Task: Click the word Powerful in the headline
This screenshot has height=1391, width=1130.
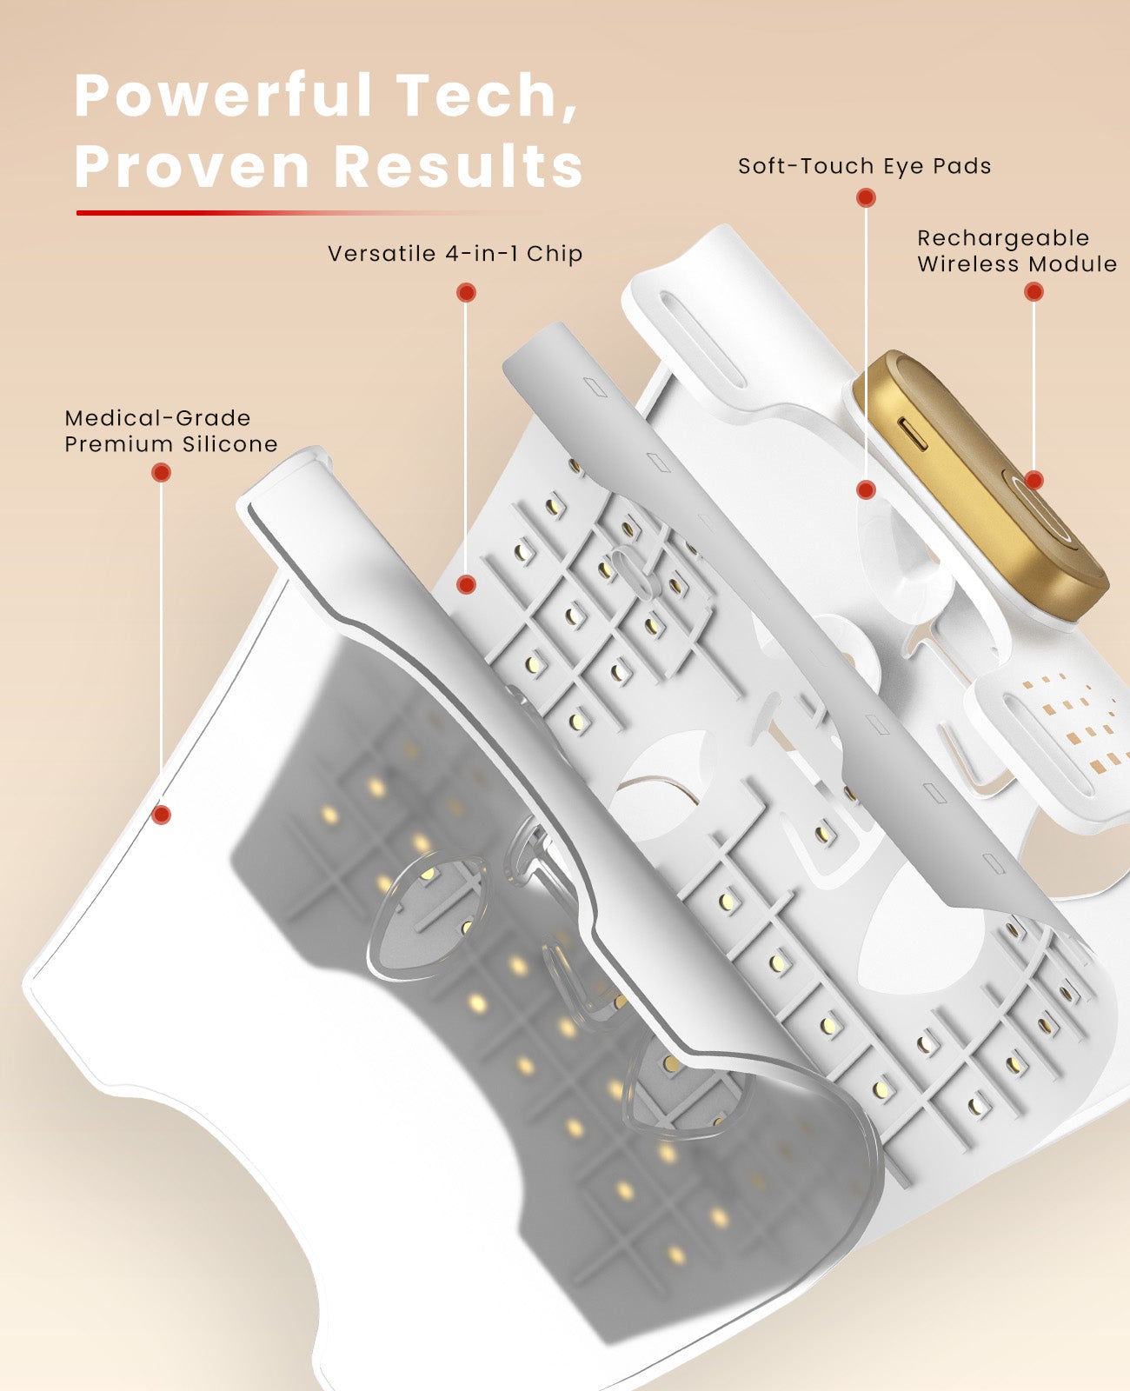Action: pyautogui.click(x=223, y=96)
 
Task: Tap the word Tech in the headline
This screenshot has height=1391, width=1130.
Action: pyautogui.click(x=487, y=96)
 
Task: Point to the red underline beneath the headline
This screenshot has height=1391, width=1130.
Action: pyautogui.click(x=307, y=213)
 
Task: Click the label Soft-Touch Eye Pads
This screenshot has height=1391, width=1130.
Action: pyautogui.click(x=864, y=166)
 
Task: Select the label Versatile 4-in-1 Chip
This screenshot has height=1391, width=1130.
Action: pyautogui.click(x=455, y=253)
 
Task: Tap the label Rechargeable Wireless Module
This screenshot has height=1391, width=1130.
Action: pyautogui.click(x=1016, y=250)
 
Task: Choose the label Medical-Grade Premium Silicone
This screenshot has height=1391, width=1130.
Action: pyautogui.click(x=171, y=431)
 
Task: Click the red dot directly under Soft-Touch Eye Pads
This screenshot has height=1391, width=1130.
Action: pyautogui.click(x=866, y=198)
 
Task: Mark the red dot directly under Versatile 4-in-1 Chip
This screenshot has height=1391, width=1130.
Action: pyautogui.click(x=466, y=293)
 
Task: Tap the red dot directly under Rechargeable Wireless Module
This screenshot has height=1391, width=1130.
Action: pyautogui.click(x=1034, y=292)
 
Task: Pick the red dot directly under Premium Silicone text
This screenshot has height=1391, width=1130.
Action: pyautogui.click(x=161, y=472)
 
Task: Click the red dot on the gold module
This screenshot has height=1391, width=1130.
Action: pyautogui.click(x=1034, y=481)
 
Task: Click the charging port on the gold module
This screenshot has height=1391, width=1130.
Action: pyautogui.click(x=912, y=435)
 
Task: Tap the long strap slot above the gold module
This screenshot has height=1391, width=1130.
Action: pyautogui.click(x=702, y=340)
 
